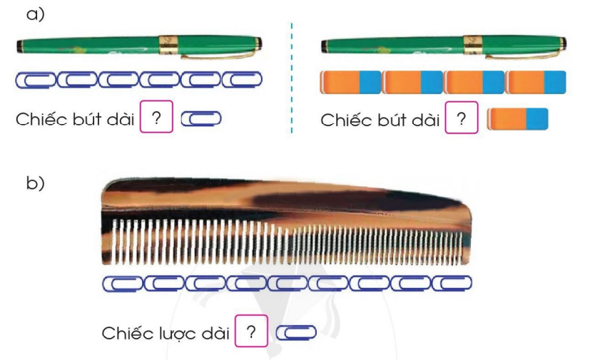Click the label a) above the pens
35,14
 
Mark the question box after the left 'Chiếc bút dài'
158,118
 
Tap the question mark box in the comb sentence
250,331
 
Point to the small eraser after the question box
518,118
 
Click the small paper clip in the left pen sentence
203,118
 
